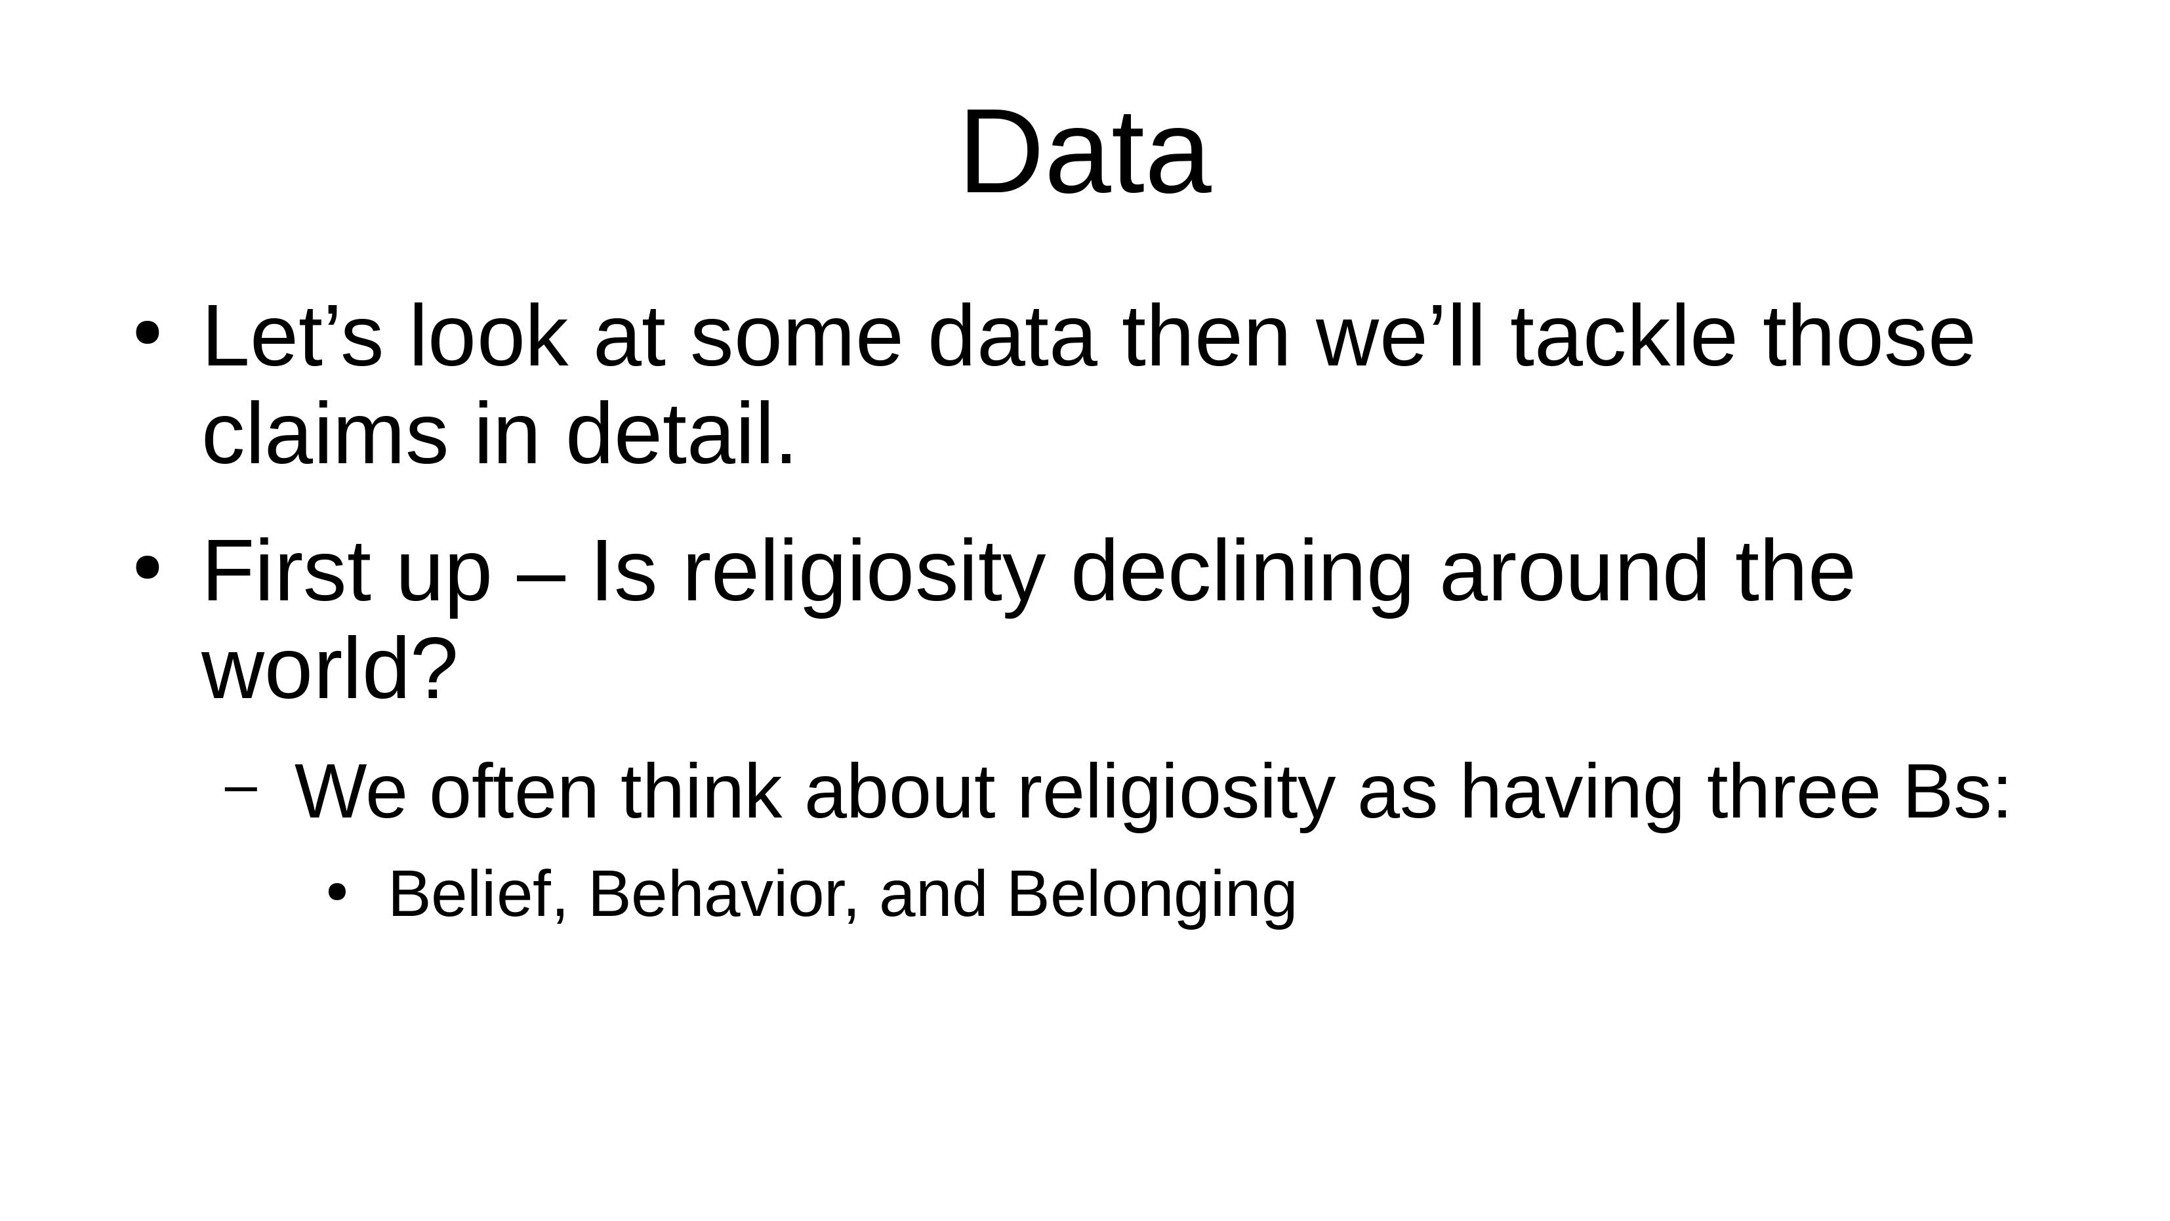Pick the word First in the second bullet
pyautogui.click(x=287, y=572)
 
